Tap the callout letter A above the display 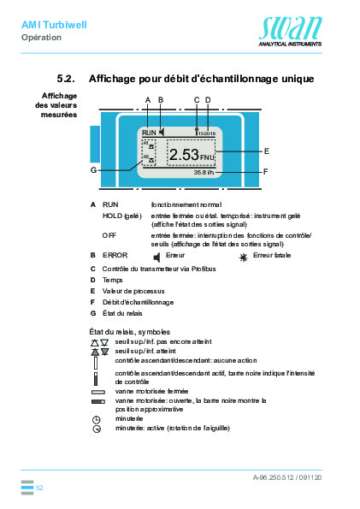147,100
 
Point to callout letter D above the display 208,100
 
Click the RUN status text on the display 150,133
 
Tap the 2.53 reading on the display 184,155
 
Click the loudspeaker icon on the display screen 161,133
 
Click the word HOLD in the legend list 111,216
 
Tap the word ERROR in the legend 114,255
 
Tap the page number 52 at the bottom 39,487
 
